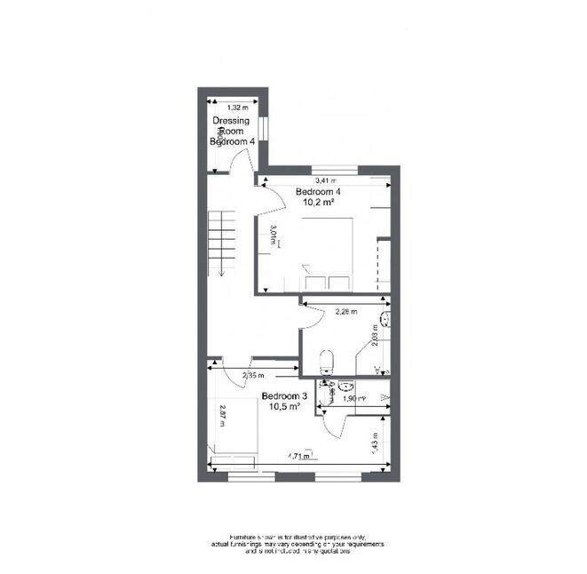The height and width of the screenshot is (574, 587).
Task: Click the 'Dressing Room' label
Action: pyautogui.click(x=231, y=126)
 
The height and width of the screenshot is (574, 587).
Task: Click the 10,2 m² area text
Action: pyautogui.click(x=314, y=203)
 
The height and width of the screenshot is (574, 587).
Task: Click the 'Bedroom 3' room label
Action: pyautogui.click(x=281, y=396)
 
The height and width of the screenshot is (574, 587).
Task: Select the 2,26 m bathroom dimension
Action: pyautogui.click(x=345, y=311)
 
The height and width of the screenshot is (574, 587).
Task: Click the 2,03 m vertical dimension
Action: pyautogui.click(x=376, y=335)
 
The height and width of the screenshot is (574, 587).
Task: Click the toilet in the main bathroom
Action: pyautogui.click(x=327, y=360)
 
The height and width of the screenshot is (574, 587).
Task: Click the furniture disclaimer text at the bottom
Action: pyautogui.click(x=293, y=545)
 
